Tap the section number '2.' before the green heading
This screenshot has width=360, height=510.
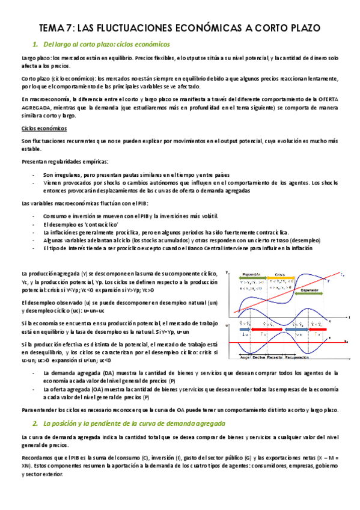click(35, 423)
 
